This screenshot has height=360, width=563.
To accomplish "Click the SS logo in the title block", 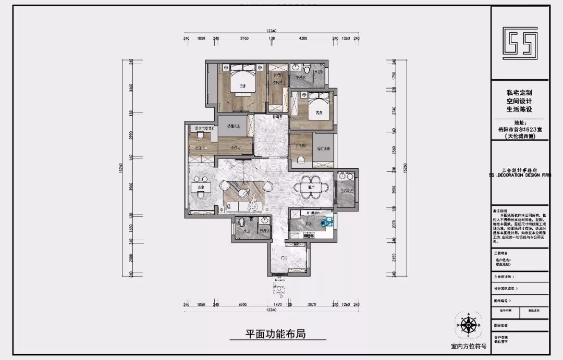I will (519, 42).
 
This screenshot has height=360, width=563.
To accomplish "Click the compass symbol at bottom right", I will (469, 326).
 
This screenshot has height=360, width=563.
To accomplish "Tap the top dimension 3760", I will (244, 38).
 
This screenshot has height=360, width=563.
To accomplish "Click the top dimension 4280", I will (303, 38).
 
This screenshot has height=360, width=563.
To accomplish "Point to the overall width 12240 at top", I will (271, 31).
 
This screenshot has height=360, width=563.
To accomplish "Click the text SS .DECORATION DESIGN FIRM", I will (519, 175).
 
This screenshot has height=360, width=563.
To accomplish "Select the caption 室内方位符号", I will (469, 346).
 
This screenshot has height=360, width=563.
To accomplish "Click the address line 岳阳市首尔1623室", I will (519, 129).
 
